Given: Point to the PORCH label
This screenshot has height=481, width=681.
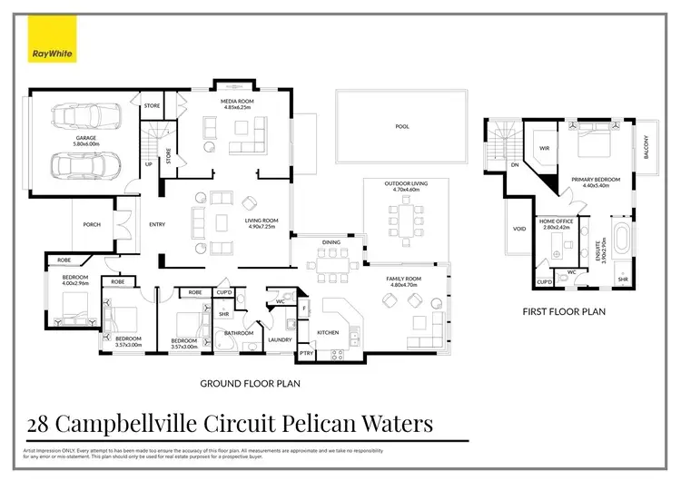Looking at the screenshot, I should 92,225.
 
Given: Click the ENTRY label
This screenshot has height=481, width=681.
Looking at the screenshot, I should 157,225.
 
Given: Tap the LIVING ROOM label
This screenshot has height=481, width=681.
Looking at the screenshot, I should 261,221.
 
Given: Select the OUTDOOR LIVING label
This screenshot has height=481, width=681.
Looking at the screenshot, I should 405,185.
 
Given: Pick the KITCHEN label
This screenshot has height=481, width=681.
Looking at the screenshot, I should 328,333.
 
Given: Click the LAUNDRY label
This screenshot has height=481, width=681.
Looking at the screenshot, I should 280,339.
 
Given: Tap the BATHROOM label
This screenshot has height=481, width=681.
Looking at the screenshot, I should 239,333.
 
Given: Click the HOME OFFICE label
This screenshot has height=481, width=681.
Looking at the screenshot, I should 555,221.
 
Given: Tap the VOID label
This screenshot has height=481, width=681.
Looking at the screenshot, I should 519,229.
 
